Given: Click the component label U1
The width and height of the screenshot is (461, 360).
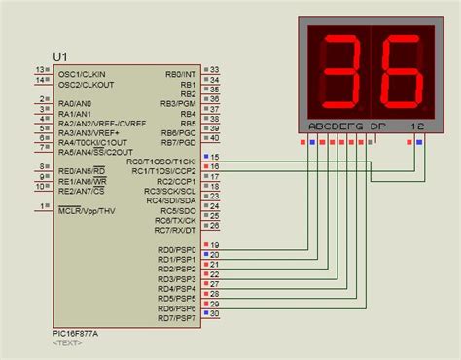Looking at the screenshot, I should pos(62,56).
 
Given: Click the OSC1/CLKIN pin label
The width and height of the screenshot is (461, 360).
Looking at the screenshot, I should pos(84,73).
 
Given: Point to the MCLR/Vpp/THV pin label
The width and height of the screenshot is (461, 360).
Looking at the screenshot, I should pos(87,209).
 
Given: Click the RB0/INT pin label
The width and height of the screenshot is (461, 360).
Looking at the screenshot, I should pos(182,73).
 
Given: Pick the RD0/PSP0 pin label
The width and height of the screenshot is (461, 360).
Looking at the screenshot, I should pos(177,250).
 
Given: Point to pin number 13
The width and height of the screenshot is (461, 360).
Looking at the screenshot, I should pos(40,70).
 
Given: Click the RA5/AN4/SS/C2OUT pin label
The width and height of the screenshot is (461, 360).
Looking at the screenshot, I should pos(95,151).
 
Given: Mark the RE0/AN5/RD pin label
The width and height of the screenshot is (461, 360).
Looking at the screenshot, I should pos(81,170).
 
